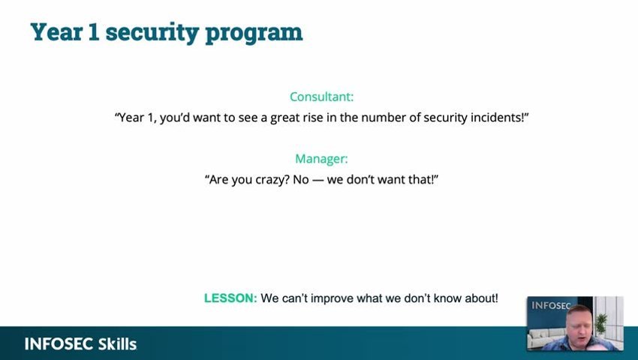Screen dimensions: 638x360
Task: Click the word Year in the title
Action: tap(57, 31)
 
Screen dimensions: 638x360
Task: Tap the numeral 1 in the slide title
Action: tap(94, 31)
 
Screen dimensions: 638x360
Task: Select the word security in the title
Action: tap(152, 33)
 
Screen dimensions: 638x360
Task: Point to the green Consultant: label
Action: tap(321, 97)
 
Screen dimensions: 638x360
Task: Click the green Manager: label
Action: tap(321, 159)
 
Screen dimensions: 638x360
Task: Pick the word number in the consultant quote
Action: tap(381, 118)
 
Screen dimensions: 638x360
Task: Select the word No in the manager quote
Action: tap(301, 179)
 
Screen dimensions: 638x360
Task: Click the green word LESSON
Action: tap(230, 298)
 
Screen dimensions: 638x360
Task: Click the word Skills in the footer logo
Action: tap(117, 344)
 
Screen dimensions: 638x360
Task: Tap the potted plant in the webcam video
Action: tap(601, 323)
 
